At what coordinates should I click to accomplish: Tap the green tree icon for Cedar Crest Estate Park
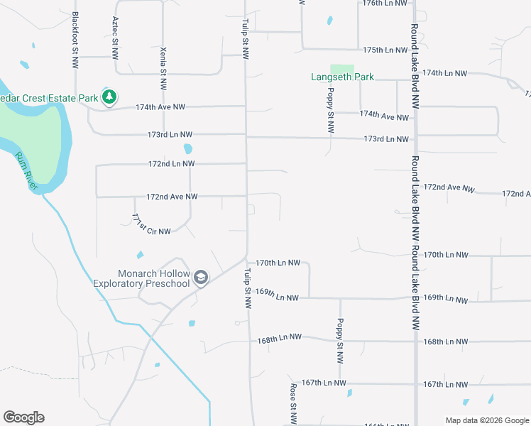click(109, 97)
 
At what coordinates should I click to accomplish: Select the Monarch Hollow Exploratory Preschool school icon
click(201, 277)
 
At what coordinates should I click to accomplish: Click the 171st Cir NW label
click(150, 225)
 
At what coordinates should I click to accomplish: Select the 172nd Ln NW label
click(171, 163)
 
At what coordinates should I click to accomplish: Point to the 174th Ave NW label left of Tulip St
click(161, 106)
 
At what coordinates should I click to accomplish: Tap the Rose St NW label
click(292, 400)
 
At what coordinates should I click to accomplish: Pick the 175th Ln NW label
click(385, 50)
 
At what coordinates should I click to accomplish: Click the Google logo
click(23, 417)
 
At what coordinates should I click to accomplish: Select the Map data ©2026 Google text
click(486, 420)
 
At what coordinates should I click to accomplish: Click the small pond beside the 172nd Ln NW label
click(187, 149)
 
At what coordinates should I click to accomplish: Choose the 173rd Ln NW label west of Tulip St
click(170, 134)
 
